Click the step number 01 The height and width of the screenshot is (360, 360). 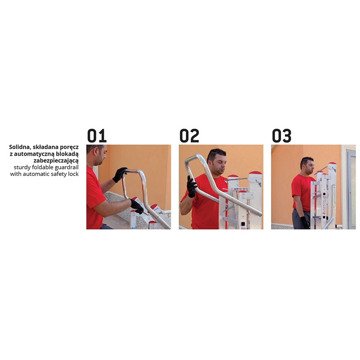coord(97,135)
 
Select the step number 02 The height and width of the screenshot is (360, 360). coord(189,135)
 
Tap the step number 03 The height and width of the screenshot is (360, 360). coord(282,135)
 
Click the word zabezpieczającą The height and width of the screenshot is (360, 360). coord(56,161)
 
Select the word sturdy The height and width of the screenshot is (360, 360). coord(22,167)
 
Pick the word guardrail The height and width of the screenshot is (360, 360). coord(67,167)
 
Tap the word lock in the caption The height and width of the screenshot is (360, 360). coord(73,174)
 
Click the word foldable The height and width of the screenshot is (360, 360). coord(42,167)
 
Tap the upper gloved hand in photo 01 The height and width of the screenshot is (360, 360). coord(119,175)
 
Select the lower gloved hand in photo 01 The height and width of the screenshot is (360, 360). coord(137,206)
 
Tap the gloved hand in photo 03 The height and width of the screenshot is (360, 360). coord(305,223)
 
